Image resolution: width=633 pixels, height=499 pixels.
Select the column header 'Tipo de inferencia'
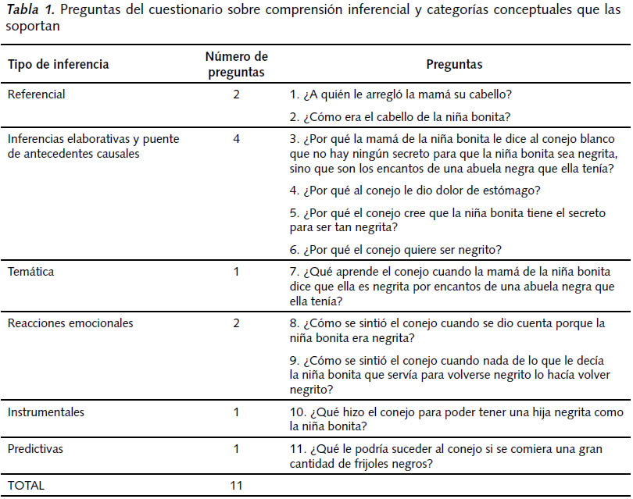click(x=58, y=64)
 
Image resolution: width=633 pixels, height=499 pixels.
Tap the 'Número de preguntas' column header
click(x=236, y=64)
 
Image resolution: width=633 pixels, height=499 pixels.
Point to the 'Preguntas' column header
click(x=454, y=64)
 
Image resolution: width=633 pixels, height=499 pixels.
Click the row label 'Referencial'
click(x=36, y=94)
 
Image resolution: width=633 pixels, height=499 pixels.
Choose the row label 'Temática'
click(x=31, y=272)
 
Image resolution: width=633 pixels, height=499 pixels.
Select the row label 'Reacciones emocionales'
click(x=70, y=323)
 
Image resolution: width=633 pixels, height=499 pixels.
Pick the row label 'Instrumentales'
click(x=46, y=412)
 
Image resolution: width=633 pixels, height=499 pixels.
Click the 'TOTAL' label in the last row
click(x=27, y=485)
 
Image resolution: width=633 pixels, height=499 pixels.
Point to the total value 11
click(x=236, y=485)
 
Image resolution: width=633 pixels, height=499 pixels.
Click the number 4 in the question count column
click(x=236, y=139)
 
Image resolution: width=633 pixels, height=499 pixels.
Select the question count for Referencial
click(x=236, y=94)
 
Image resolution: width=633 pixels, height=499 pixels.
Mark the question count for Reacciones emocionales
click(x=236, y=323)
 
